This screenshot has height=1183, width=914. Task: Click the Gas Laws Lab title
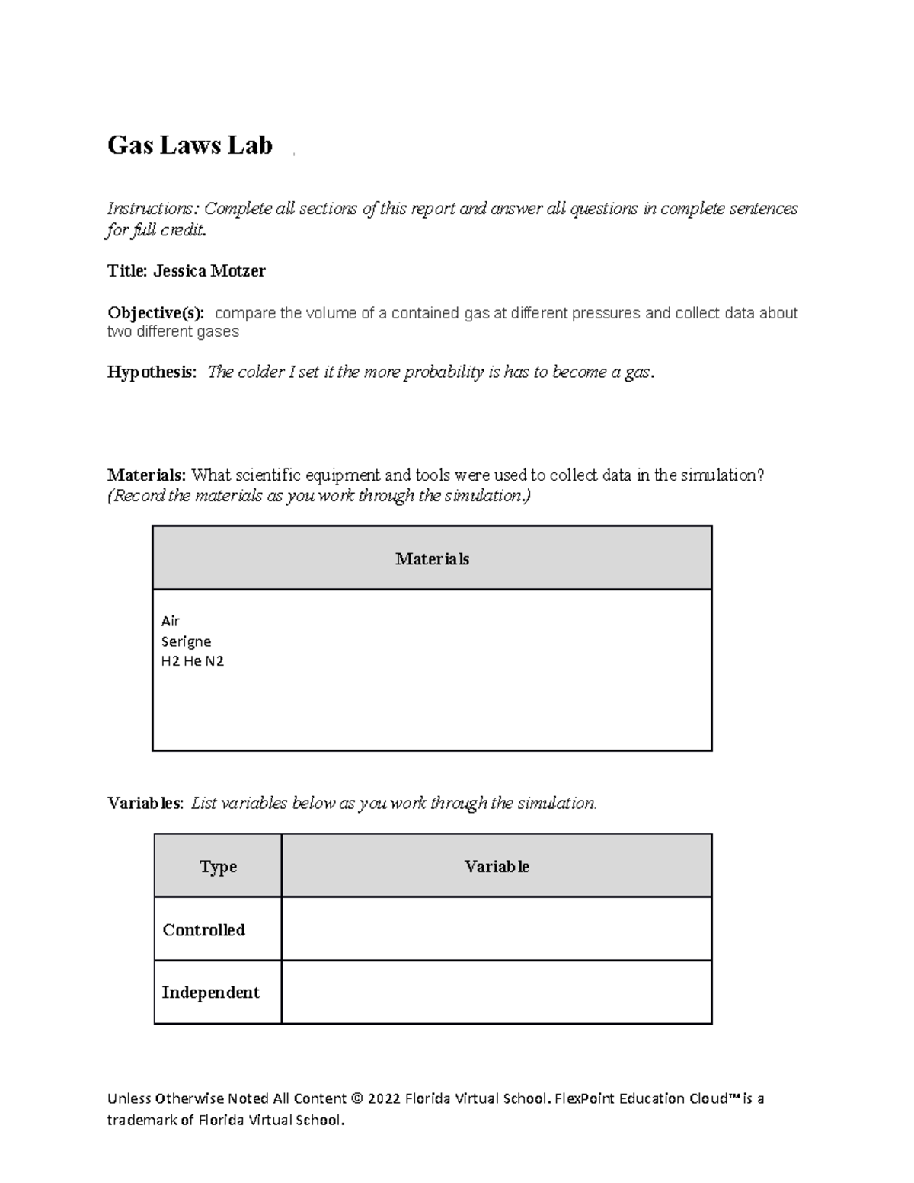pyautogui.click(x=190, y=145)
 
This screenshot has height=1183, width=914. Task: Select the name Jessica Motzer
pyautogui.click(x=209, y=270)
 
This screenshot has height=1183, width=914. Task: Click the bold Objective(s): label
pyautogui.click(x=156, y=313)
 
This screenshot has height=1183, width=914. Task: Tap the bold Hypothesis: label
pyautogui.click(x=152, y=372)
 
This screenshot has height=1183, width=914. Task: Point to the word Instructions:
pyautogui.click(x=152, y=209)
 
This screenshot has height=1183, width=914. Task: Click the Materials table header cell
pyautogui.click(x=432, y=558)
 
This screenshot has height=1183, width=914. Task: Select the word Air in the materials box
pyautogui.click(x=170, y=621)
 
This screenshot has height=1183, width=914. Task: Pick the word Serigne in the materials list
pyautogui.click(x=186, y=641)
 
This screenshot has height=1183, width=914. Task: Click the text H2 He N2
pyautogui.click(x=192, y=661)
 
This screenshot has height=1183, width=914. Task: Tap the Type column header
pyautogui.click(x=218, y=866)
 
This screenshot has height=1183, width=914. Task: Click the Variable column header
pyautogui.click(x=497, y=866)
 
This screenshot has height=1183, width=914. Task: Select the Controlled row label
pyautogui.click(x=203, y=929)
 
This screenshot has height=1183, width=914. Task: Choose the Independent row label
pyautogui.click(x=210, y=992)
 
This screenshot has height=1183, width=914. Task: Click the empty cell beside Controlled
pyautogui.click(x=497, y=929)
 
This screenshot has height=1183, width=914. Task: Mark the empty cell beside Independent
pyautogui.click(x=497, y=992)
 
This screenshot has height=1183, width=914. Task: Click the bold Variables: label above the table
pyautogui.click(x=145, y=803)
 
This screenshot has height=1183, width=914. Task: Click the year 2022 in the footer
pyautogui.click(x=384, y=1098)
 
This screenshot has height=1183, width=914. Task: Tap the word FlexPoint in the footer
pyautogui.click(x=584, y=1098)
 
